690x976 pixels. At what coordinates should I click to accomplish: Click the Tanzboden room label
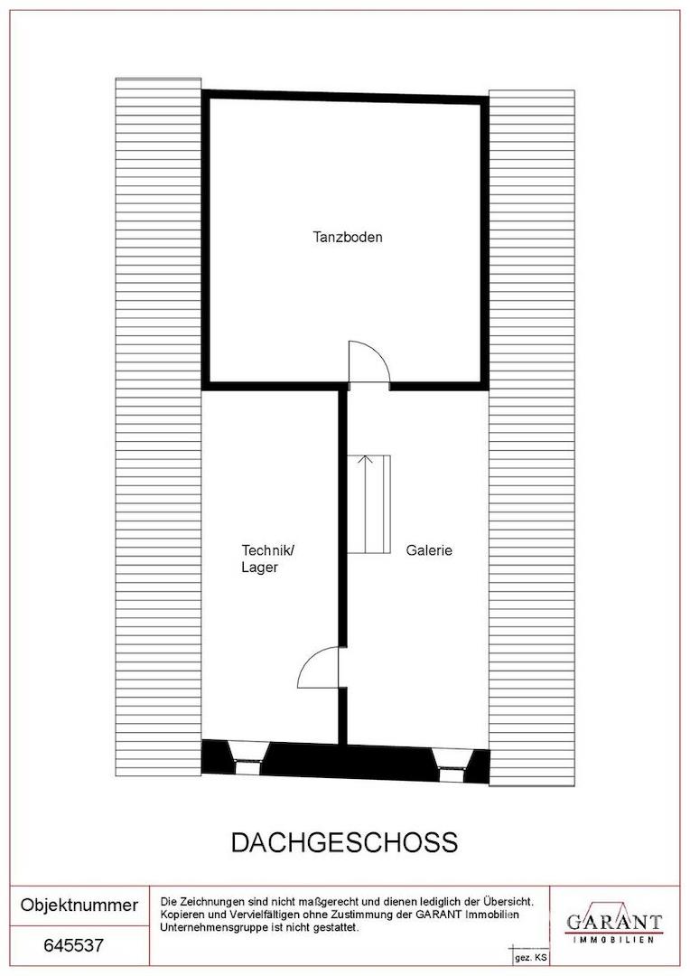pos(347,237)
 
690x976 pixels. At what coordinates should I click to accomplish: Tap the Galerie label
pos(429,550)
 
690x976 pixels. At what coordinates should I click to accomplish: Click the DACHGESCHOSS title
pos(344,842)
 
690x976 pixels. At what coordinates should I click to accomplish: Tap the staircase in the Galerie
pos(369,503)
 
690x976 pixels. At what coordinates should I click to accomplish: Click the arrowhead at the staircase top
pos(366,460)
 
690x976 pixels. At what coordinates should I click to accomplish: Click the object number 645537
pos(73,945)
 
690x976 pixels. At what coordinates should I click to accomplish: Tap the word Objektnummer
pos(79,905)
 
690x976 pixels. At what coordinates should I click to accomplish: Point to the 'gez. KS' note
pos(531,958)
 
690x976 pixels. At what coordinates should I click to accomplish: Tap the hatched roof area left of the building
pos(159,427)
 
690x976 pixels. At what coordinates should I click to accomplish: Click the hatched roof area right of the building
pos(531,437)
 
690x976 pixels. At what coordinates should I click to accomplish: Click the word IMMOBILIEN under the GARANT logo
pos(613,939)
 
